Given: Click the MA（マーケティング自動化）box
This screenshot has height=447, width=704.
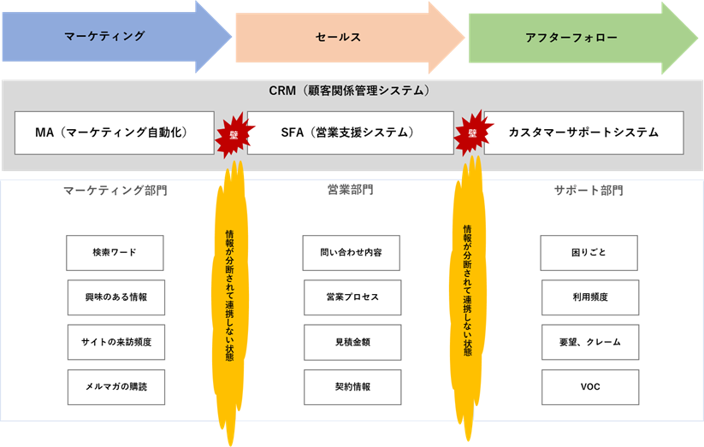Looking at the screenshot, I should coord(114,132).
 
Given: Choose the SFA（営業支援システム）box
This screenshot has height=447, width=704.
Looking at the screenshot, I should coord(349,132).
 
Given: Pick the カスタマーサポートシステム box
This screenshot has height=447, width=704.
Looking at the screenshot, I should coord(584,132).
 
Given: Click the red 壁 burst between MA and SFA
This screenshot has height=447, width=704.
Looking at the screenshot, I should coord(230,134).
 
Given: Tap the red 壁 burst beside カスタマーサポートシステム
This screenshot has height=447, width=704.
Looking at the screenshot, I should coord(471,133).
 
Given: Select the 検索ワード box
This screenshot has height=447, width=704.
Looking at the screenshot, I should coord(115,253).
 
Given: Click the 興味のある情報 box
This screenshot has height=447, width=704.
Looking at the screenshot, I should coord(115,297).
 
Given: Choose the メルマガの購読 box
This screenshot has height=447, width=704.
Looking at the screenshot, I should coord(115,387).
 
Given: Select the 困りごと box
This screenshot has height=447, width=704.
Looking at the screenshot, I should coord(589,253).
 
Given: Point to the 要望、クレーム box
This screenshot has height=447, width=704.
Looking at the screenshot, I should coord(589,342).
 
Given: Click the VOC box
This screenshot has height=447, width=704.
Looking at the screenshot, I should coord(589,387).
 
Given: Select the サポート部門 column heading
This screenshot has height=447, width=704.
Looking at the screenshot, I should coord(589,191).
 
